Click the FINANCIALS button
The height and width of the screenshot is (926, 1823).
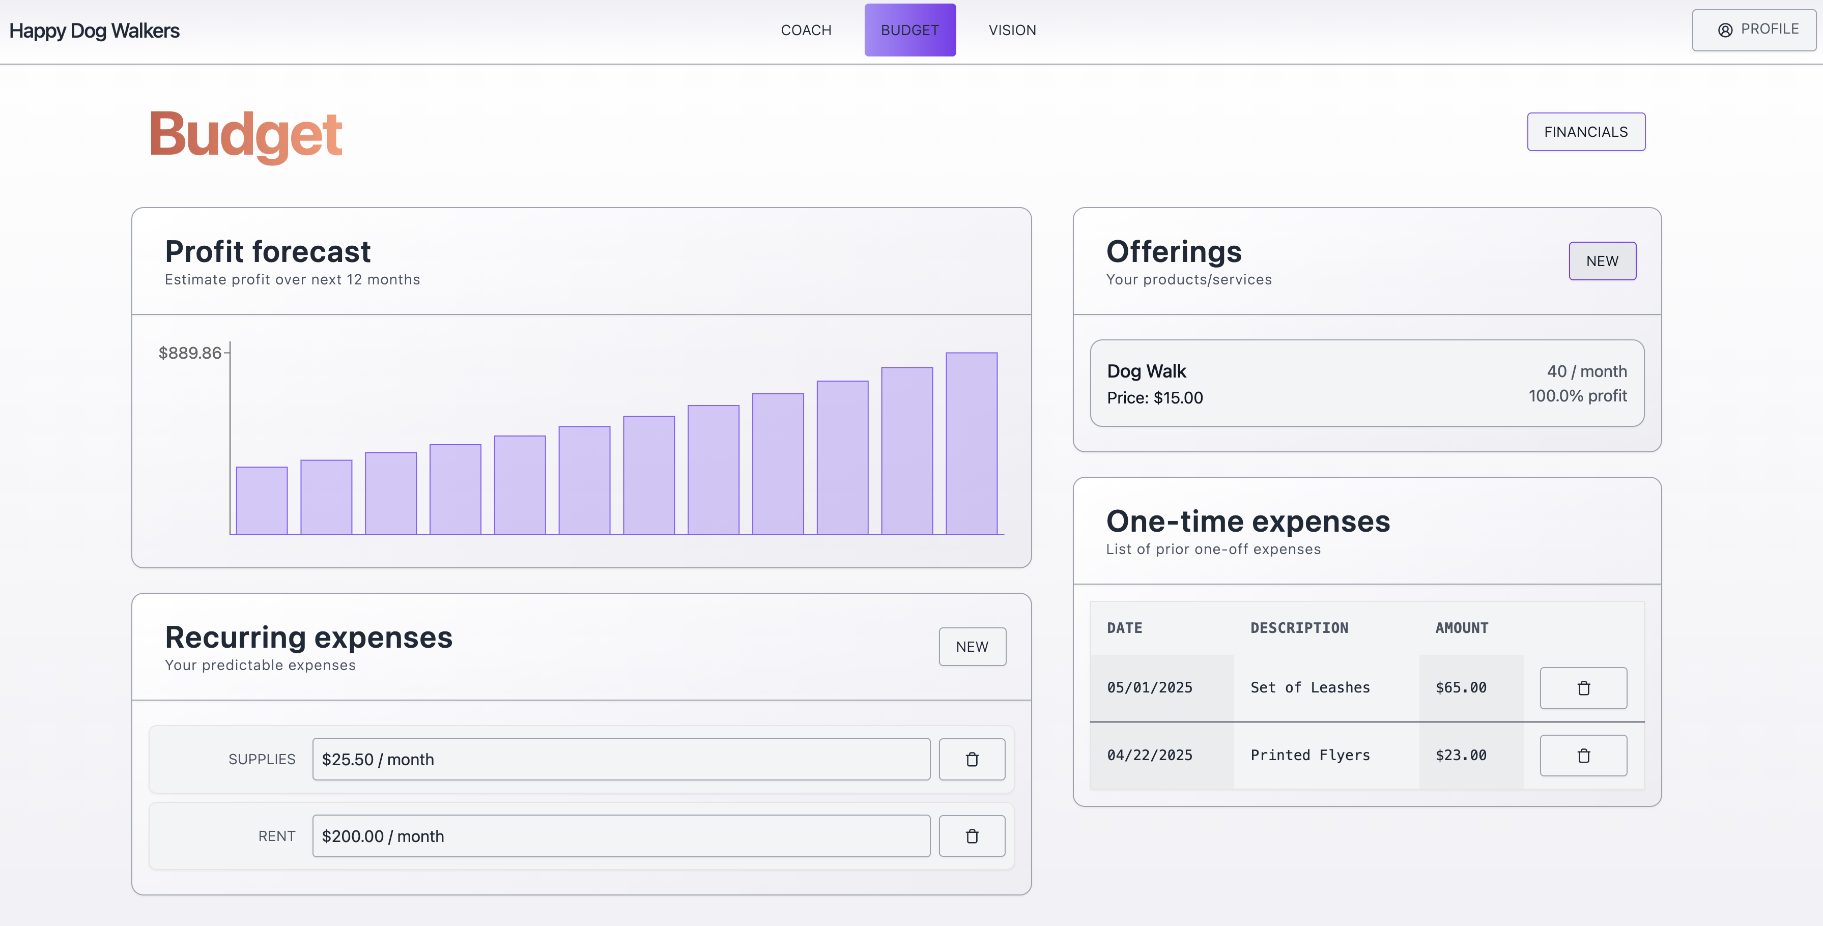[1585, 132]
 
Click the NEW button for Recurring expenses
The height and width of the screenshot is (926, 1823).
[972, 647]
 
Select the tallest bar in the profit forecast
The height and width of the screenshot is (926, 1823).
[971, 444]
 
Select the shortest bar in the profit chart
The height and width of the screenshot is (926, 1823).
[261, 501]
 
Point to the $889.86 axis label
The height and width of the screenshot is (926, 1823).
[190, 353]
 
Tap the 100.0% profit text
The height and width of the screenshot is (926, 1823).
[1577, 396]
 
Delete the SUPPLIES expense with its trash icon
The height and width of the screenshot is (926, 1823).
[972, 760]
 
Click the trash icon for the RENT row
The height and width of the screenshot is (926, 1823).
[972, 836]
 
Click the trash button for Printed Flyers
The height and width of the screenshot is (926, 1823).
[1583, 756]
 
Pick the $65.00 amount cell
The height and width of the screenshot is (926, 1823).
[1461, 687]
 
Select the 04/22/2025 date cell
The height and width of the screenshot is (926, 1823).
[1149, 756]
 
